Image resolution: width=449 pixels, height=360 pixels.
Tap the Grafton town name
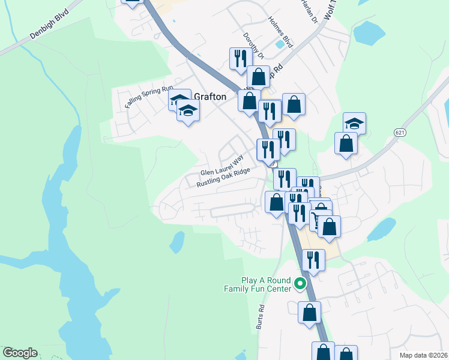coord(210,97)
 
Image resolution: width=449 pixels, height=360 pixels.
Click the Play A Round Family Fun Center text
coord(265,284)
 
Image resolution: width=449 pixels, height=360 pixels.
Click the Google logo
coord(19,353)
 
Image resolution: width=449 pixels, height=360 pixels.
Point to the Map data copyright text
coord(424,355)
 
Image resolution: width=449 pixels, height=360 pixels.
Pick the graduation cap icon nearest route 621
coord(354,123)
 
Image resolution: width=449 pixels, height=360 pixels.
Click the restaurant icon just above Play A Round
coord(313,259)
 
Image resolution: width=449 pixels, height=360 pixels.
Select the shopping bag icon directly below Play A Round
coord(309,312)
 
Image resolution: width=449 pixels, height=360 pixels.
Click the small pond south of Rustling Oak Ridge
coord(177,242)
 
